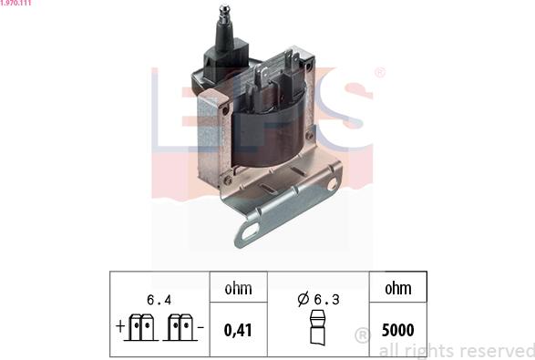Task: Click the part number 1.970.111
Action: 15,3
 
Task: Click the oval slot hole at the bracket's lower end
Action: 250,232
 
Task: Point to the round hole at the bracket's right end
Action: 333,184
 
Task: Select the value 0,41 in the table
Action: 238,330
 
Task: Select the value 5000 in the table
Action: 398,330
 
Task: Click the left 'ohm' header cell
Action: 238,289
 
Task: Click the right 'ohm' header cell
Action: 398,289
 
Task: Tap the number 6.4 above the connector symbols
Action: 159,300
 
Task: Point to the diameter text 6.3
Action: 326,300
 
